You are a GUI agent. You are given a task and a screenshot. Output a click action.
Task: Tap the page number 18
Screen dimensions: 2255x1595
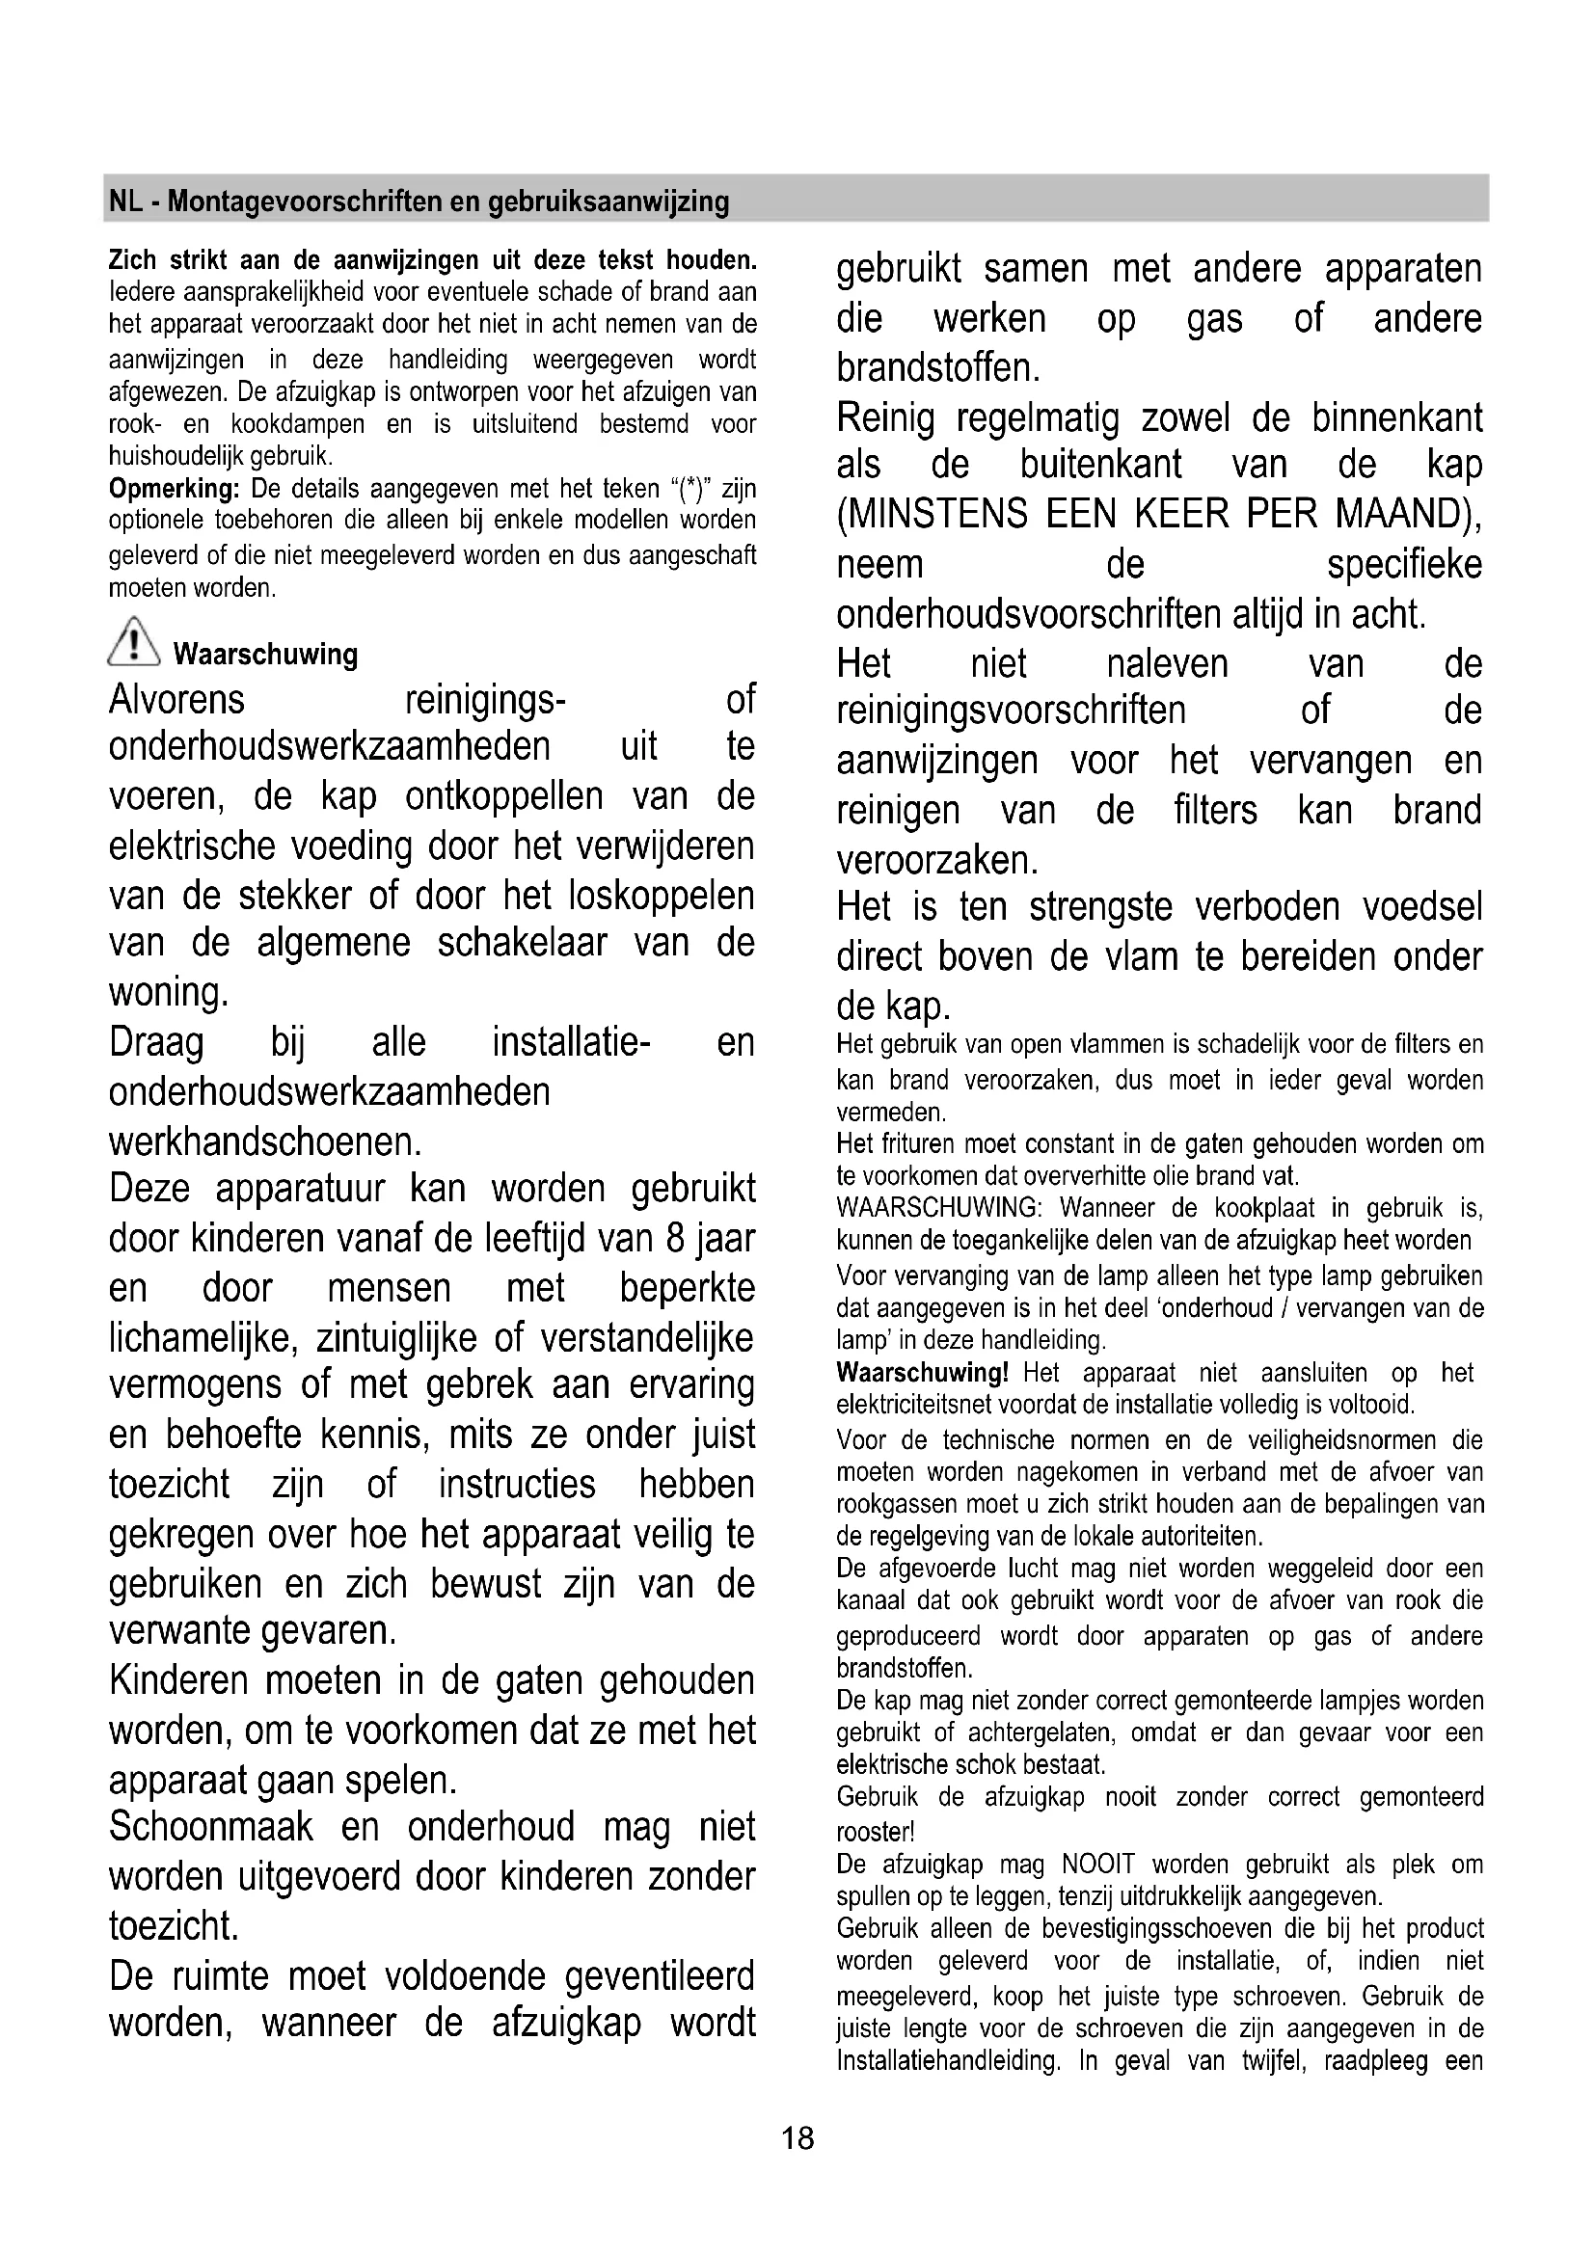pos(797,2138)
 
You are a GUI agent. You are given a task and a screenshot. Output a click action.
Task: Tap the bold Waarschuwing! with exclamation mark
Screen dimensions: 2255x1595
pos(922,1372)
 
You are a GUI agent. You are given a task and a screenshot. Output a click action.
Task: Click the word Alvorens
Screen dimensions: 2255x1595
pos(176,700)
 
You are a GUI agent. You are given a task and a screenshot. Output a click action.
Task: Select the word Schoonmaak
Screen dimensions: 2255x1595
pos(211,1827)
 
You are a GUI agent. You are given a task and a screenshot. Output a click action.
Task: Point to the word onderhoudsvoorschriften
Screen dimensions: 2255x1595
pos(1028,615)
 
